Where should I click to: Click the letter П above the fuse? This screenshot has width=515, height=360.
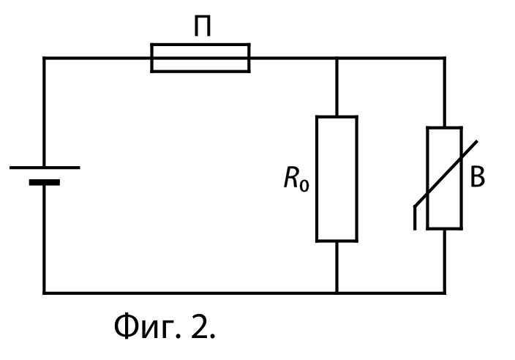click(203, 26)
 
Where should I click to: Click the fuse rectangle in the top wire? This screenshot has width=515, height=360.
click(200, 44)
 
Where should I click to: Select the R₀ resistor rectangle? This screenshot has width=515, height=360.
click(337, 116)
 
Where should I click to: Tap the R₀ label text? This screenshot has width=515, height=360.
click(296, 179)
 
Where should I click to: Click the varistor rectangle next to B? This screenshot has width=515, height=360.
click(428, 177)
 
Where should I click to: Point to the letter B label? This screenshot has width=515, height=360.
click(478, 177)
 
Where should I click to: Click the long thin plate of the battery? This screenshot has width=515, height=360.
click(45, 168)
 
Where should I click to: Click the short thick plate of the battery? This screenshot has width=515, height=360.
click(45, 182)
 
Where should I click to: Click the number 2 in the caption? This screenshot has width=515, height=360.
click(199, 326)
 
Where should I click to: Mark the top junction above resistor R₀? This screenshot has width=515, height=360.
click(337, 59)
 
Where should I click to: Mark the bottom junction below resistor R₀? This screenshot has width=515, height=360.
click(337, 293)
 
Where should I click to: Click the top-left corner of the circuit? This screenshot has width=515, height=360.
click(45, 59)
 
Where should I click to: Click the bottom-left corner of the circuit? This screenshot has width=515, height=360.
click(45, 293)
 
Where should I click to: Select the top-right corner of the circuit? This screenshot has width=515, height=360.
click(445, 59)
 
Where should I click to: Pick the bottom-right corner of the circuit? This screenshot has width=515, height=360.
click(445, 293)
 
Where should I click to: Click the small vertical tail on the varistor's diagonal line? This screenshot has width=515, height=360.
click(415, 218)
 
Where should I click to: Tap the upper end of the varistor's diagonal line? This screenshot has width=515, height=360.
click(477, 141)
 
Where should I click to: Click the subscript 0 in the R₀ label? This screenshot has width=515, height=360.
click(304, 185)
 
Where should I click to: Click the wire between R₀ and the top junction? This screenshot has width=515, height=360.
click(337, 87)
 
